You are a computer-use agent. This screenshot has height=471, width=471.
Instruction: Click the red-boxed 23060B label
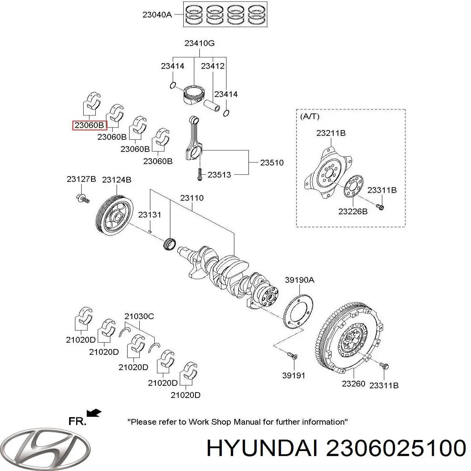click(x=90, y=126)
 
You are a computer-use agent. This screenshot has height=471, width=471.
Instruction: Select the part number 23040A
click(x=157, y=15)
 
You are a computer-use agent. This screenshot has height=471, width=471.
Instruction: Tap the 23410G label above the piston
click(x=199, y=44)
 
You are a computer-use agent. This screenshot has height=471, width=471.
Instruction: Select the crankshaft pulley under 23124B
click(x=114, y=215)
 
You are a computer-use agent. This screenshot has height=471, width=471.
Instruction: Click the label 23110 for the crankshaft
click(x=192, y=198)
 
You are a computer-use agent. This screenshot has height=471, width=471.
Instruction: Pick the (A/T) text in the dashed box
click(x=310, y=116)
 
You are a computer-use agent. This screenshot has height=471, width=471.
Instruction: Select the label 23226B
click(x=352, y=212)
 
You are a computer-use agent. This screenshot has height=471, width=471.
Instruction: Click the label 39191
click(x=294, y=375)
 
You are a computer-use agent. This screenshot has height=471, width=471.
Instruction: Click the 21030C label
click(x=139, y=316)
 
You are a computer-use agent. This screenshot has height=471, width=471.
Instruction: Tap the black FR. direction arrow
click(x=94, y=413)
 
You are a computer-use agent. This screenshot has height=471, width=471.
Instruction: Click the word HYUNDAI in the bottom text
click(x=262, y=448)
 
